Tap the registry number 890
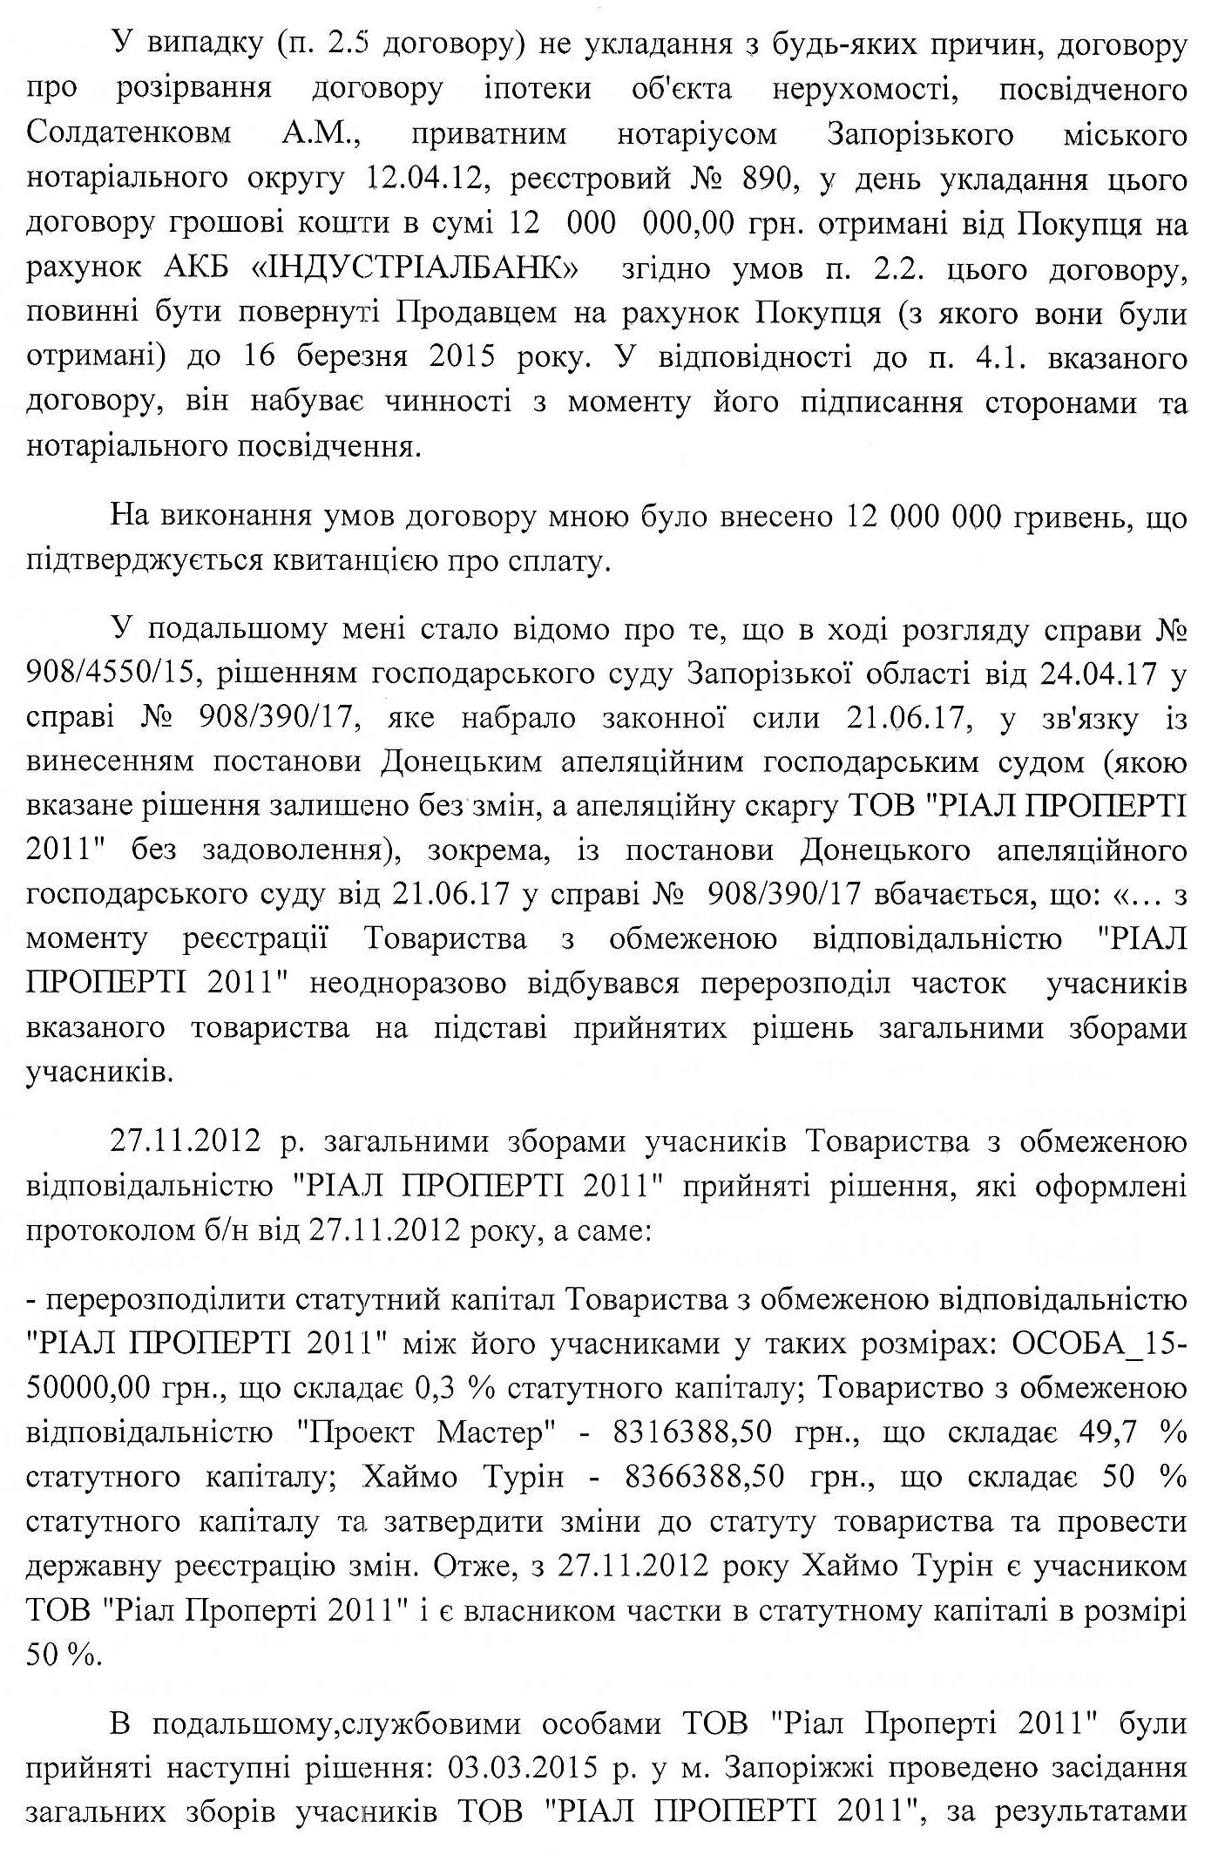(x=761, y=179)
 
